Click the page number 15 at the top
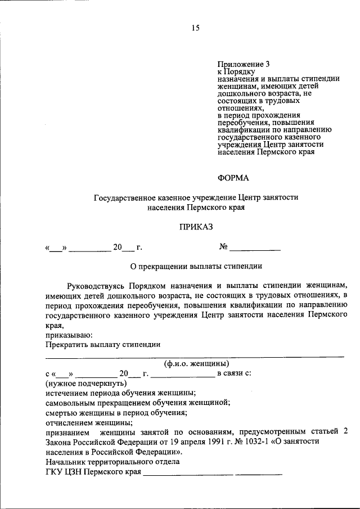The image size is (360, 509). pyautogui.click(x=195, y=28)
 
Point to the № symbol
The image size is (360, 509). pyautogui.click(x=223, y=246)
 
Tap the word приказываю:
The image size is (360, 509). pyautogui.click(x=65, y=335)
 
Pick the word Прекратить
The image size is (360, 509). pyautogui.click(x=65, y=345)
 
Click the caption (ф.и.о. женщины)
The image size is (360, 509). pyautogui.click(x=196, y=363)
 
